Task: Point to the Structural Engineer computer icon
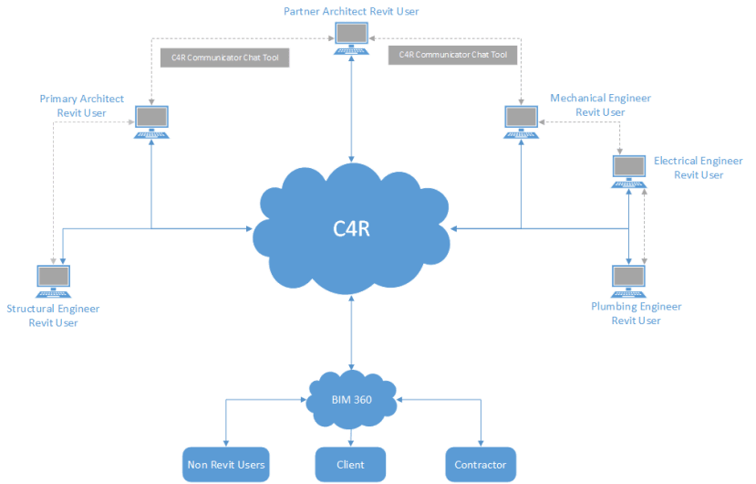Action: [53, 279]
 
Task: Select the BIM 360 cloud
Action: [351, 400]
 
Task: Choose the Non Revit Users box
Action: [225, 464]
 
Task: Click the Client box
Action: [350, 464]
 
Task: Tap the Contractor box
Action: [481, 464]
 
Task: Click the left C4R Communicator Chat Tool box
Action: [225, 57]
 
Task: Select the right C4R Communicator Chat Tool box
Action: [452, 55]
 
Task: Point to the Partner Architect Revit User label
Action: [350, 11]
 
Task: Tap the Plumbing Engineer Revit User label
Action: [636, 313]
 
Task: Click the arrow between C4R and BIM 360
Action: [351, 334]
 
